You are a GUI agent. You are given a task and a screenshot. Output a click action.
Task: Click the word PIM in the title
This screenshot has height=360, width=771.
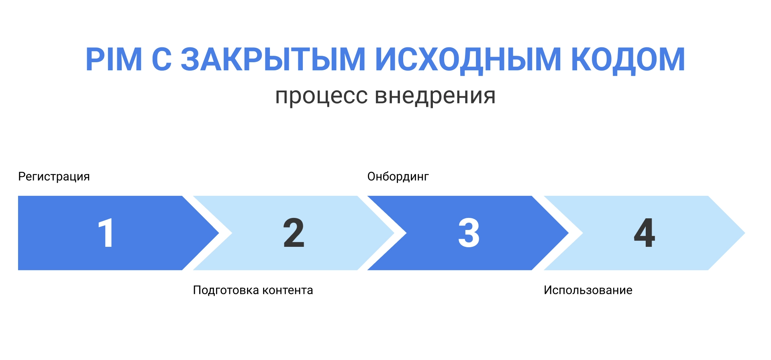click(114, 60)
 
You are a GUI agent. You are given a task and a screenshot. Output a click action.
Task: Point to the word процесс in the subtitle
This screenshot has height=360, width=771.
click(321, 96)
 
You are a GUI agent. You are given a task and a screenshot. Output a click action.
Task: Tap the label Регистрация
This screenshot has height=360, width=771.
click(54, 177)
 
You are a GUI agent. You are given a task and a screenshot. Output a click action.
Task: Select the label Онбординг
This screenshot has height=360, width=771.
click(398, 177)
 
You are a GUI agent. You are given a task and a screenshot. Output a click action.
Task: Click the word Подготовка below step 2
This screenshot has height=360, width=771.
click(226, 290)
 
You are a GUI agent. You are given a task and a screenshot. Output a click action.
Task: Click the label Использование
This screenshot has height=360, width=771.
click(588, 290)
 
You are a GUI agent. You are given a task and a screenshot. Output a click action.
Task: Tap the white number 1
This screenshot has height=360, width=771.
click(106, 233)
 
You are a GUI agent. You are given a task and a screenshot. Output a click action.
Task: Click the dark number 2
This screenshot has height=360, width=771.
click(294, 233)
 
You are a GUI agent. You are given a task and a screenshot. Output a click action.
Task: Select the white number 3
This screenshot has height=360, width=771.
click(469, 233)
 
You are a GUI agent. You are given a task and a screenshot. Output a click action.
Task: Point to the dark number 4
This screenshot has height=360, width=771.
click(644, 233)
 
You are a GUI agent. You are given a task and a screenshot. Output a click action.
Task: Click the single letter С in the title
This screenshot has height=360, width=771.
click(161, 60)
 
